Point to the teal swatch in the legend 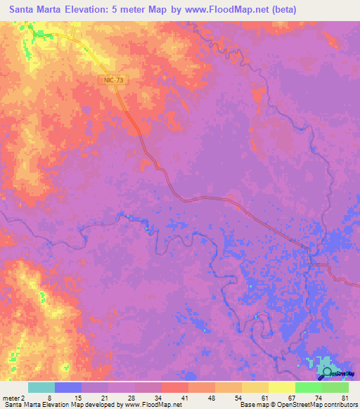point(41,387)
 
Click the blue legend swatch point(68,387)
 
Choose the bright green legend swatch point(308,387)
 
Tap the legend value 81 point(345,398)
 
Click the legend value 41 point(185,398)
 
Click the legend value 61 point(264,398)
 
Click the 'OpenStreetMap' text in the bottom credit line point(303,405)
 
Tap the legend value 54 point(238,398)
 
